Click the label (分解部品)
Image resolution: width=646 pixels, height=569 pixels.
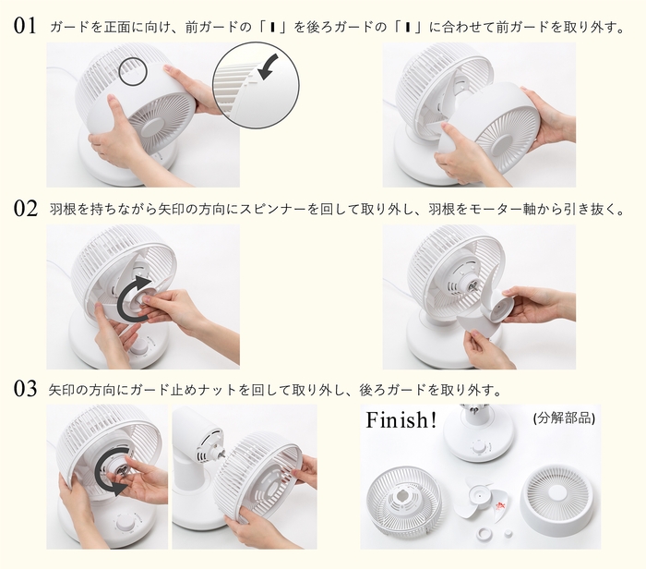click(564, 418)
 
